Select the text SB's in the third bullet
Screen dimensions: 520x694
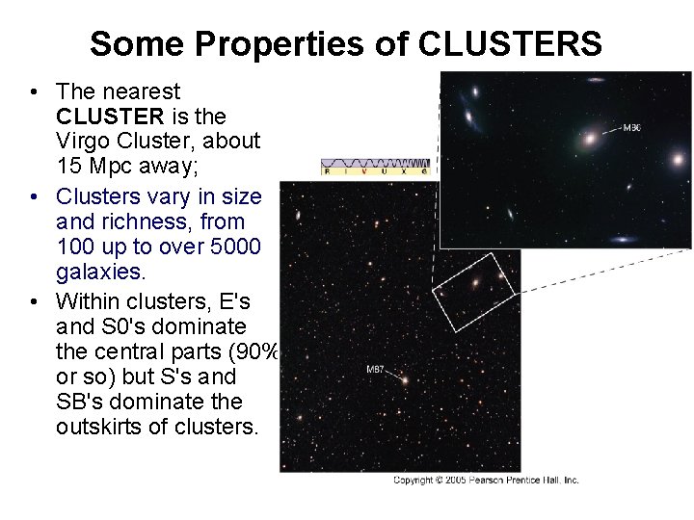[x=79, y=400]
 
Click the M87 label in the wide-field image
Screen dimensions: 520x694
[x=376, y=369]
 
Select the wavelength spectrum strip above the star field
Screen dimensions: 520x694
[x=375, y=167]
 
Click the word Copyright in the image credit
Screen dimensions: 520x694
[x=414, y=481]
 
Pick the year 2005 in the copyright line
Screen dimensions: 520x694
[x=457, y=481]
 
